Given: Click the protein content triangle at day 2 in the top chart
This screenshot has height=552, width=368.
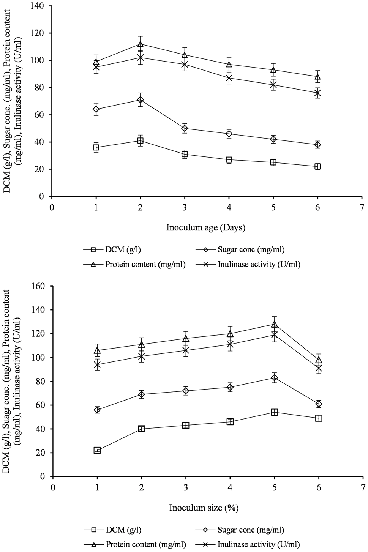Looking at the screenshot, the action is (x=140, y=44).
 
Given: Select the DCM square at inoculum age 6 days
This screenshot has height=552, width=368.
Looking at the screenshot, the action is (x=317, y=166).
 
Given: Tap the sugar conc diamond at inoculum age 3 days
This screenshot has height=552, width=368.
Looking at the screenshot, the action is (x=185, y=128).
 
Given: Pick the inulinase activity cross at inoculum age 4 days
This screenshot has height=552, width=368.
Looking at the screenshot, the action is (x=229, y=78).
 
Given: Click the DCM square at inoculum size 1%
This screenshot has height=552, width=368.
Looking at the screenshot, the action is (x=97, y=451).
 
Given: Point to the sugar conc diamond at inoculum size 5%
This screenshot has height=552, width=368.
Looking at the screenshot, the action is (x=274, y=377).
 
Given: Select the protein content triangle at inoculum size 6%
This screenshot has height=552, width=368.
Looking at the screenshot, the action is (x=319, y=360).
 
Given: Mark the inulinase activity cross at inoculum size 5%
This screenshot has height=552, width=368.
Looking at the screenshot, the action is (x=274, y=334).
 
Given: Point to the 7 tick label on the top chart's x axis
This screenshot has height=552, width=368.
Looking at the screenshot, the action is (x=362, y=208).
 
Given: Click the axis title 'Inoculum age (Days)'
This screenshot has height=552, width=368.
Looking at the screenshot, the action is (x=206, y=227).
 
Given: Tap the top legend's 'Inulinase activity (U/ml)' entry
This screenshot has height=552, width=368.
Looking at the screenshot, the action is (x=248, y=264).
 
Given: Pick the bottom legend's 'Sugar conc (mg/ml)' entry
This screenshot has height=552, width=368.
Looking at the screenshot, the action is (x=240, y=529).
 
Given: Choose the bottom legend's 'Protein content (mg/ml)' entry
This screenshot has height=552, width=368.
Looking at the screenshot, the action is (x=135, y=544).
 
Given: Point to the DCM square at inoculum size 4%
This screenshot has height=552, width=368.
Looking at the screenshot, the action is (x=230, y=422).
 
